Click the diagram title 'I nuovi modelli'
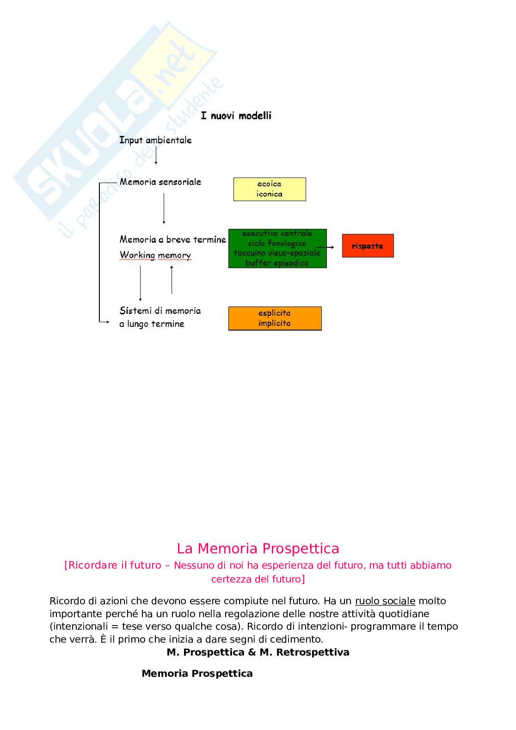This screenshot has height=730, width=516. click(x=236, y=116)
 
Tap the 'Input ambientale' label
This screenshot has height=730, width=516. click(x=155, y=140)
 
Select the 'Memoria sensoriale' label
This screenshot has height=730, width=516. click(x=160, y=182)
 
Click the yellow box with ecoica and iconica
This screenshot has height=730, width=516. click(x=270, y=189)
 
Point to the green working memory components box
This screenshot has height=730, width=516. click(x=277, y=248)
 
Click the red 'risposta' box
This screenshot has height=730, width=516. click(x=368, y=246)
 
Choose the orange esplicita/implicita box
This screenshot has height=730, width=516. click(x=275, y=318)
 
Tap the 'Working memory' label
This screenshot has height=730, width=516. click(x=155, y=255)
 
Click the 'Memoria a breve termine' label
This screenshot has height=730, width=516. click(x=172, y=239)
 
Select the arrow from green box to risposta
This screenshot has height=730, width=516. click(x=326, y=247)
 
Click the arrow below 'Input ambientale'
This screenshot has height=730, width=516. click(x=156, y=156)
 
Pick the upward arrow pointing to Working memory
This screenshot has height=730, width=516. click(x=172, y=280)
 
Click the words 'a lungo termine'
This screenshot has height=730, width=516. click(x=152, y=324)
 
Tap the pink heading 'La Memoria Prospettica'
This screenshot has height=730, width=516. click(x=258, y=548)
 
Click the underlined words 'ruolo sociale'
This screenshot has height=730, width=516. click(x=385, y=601)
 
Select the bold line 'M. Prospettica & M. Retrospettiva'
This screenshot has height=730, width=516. click(x=258, y=652)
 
